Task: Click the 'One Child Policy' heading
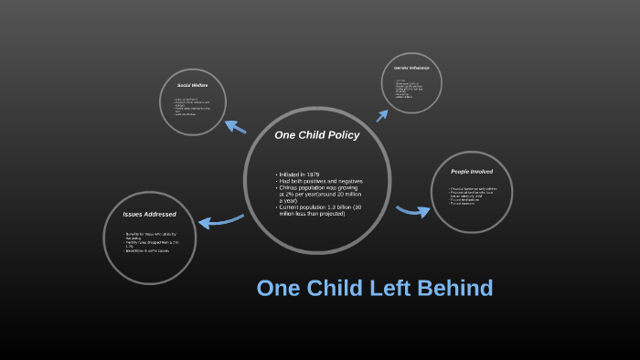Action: [x=316, y=135]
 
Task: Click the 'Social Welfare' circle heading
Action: [x=194, y=85]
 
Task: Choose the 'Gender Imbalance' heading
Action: [x=411, y=69]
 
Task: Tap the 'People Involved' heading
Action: [x=471, y=172]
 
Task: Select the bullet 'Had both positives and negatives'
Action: [x=315, y=181]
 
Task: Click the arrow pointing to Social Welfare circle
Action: [x=235, y=127]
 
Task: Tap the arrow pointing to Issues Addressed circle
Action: [x=220, y=220]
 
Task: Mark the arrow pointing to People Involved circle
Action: [x=412, y=211]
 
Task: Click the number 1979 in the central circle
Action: [x=312, y=174]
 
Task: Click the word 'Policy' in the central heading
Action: [x=339, y=135]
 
